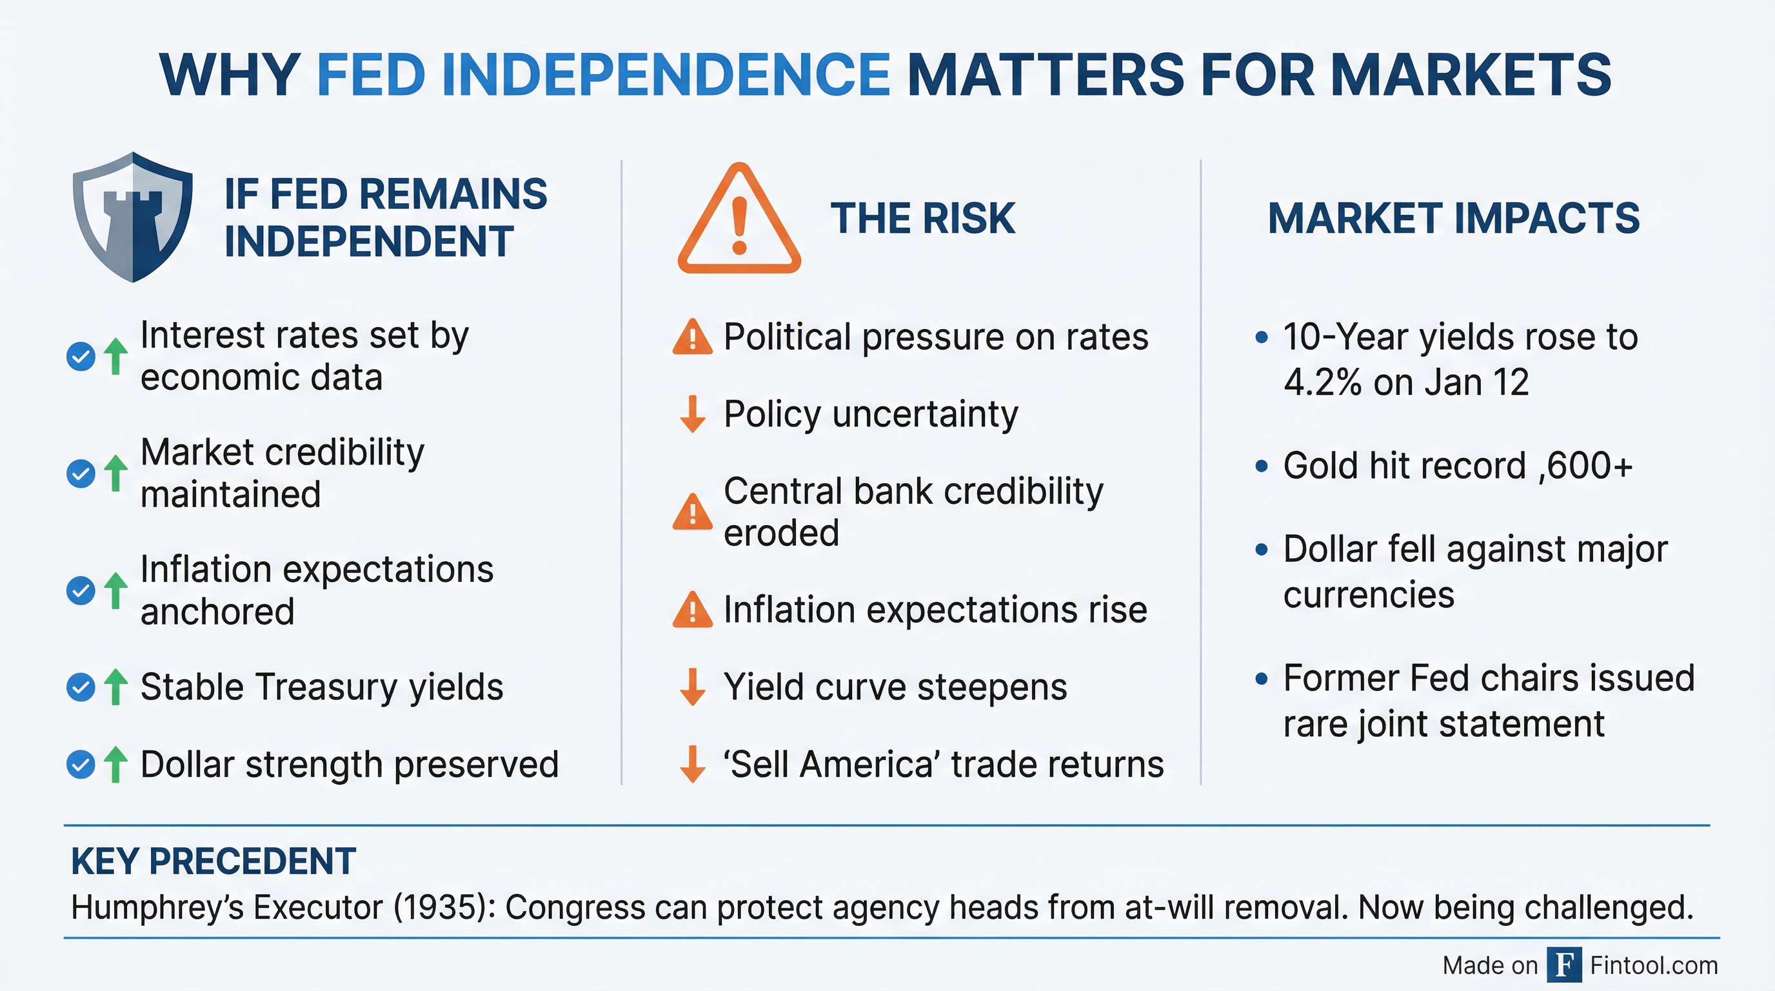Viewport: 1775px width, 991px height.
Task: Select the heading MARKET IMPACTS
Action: click(x=1453, y=219)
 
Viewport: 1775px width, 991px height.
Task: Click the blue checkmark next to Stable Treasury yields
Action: click(x=81, y=687)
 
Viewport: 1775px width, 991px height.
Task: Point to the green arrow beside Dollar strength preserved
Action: click(x=115, y=765)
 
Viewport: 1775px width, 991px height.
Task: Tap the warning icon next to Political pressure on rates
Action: click(x=692, y=337)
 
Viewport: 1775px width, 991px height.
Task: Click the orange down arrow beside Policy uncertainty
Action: click(x=692, y=414)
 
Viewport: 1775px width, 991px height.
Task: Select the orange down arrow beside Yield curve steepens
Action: click(x=692, y=687)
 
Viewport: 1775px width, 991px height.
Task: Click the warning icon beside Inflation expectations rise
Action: click(x=692, y=610)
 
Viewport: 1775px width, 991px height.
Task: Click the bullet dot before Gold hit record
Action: click(x=1262, y=466)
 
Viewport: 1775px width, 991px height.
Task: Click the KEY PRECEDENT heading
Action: click(x=213, y=861)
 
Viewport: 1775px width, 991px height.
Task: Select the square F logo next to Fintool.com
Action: click(x=1563, y=965)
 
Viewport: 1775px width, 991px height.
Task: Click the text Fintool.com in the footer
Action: click(x=1654, y=965)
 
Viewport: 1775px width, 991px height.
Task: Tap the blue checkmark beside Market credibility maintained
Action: click(x=81, y=474)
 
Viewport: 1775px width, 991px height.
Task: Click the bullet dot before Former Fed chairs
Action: click(x=1262, y=679)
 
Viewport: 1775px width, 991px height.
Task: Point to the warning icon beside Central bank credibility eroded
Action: click(x=692, y=512)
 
